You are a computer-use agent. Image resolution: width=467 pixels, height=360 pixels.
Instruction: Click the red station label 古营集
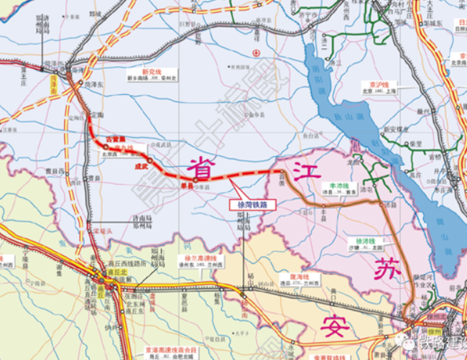click(x=116, y=138)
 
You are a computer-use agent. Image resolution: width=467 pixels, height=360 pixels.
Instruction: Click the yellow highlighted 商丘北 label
click(x=107, y=274)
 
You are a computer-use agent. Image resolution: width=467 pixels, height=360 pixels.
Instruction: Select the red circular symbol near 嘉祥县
click(x=255, y=53)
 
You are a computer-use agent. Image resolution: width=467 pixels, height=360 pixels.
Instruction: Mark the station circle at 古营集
click(x=104, y=145)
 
